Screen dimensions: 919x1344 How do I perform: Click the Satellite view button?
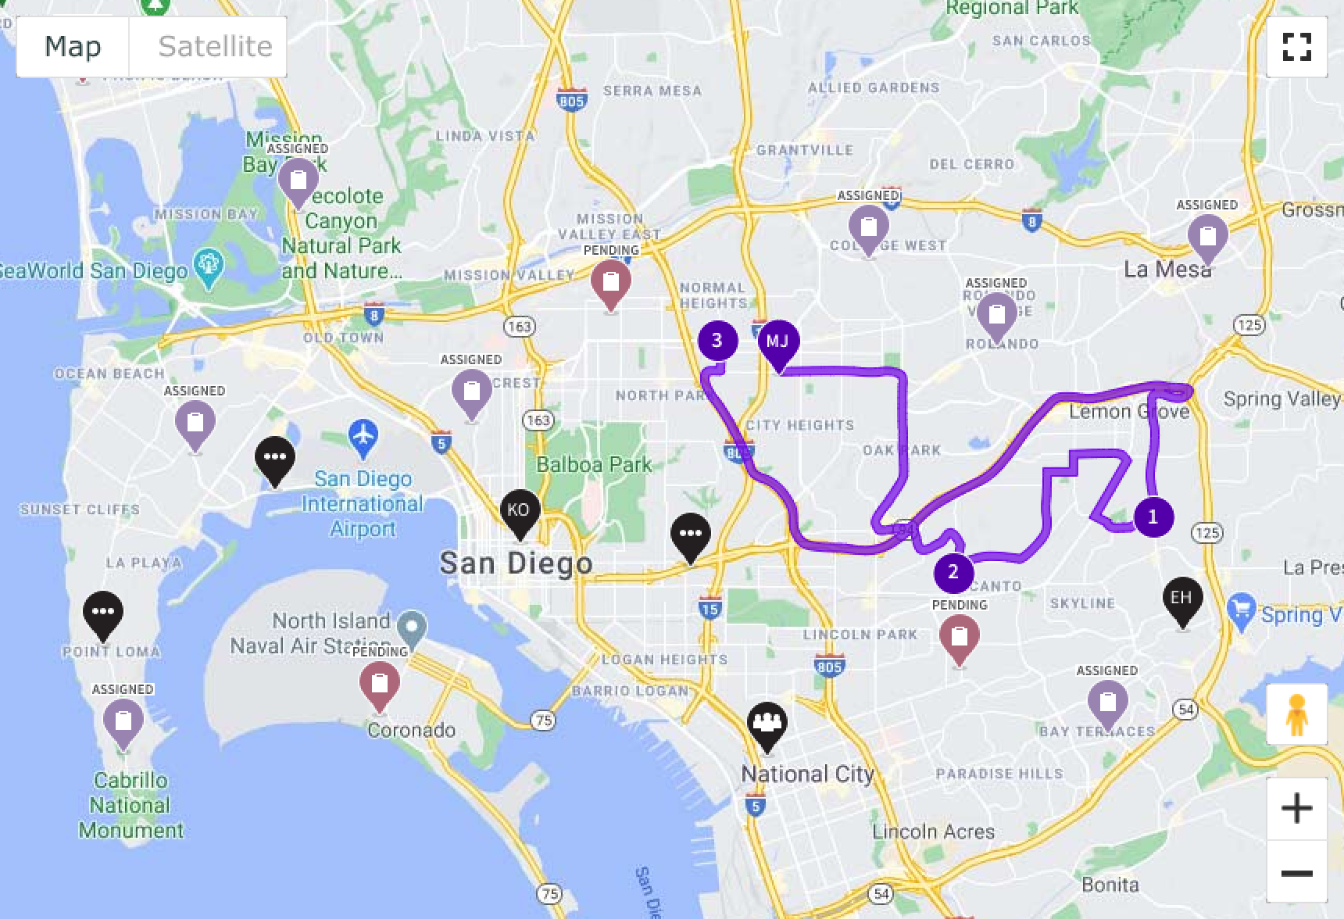(214, 47)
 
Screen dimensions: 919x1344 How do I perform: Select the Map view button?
(73, 47)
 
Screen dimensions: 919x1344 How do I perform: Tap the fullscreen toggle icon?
(1296, 47)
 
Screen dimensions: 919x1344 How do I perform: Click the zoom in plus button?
(1296, 808)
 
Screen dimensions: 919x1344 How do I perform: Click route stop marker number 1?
(1153, 517)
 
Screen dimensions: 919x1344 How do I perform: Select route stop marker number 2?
(953, 572)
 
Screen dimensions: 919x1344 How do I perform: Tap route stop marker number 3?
(717, 341)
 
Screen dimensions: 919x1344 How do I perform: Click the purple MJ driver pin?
(777, 342)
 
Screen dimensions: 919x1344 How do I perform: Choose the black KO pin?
(520, 511)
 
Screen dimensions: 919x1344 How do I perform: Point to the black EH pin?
(1181, 599)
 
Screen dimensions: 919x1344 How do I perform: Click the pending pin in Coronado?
(380, 684)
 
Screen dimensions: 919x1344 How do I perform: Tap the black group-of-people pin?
(767, 724)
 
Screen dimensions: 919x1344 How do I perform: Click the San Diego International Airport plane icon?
(363, 438)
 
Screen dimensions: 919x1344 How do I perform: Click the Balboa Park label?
(594, 465)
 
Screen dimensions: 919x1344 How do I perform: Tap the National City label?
(807, 774)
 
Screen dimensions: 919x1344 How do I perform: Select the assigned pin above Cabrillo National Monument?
(123, 721)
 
